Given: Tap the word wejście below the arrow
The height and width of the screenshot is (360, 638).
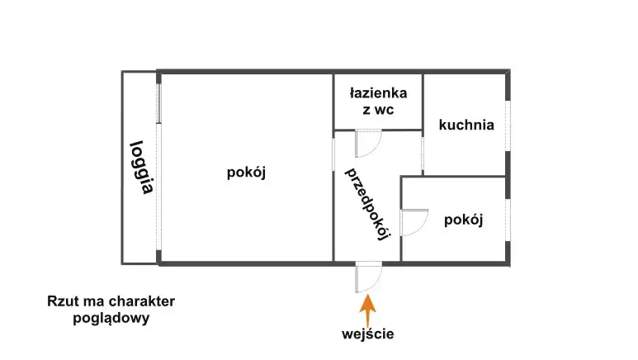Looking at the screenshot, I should pyautogui.click(x=367, y=334).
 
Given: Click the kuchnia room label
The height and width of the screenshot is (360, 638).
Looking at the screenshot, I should pyautogui.click(x=466, y=126).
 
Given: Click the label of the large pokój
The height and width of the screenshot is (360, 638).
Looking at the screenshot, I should pyautogui.click(x=245, y=173).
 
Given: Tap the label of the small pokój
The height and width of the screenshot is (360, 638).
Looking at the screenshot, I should pyautogui.click(x=462, y=220).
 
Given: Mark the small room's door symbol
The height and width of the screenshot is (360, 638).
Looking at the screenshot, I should pyautogui.click(x=413, y=222).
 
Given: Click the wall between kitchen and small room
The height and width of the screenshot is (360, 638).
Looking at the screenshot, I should pyautogui.click(x=462, y=176).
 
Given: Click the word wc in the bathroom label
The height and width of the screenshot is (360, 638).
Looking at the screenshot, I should pyautogui.click(x=384, y=111).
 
